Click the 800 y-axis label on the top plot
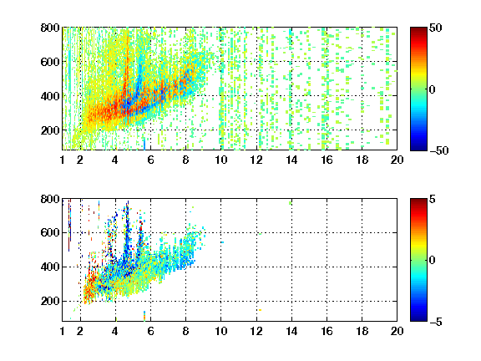[x=50, y=28]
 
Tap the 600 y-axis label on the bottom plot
[x=50, y=232]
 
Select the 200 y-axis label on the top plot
[x=50, y=130]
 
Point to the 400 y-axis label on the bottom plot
[x=50, y=267]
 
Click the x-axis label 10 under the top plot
[x=220, y=160]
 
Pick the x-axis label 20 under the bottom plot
[x=397, y=331]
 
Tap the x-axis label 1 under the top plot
[x=63, y=160]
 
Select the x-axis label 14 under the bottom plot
[x=291, y=331]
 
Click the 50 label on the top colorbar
[x=435, y=28]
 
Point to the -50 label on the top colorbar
[x=438, y=150]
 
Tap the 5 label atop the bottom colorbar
[x=433, y=199]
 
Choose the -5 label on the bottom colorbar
[x=436, y=322]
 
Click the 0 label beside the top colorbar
[x=433, y=89]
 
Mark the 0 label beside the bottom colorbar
[x=433, y=261]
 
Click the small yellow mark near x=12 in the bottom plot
[x=260, y=310]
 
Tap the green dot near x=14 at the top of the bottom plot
[x=291, y=203]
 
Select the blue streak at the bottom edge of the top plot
[x=144, y=144]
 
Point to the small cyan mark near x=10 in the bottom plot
[x=222, y=242]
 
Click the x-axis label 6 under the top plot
[x=150, y=160]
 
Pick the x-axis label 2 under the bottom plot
[x=80, y=331]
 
